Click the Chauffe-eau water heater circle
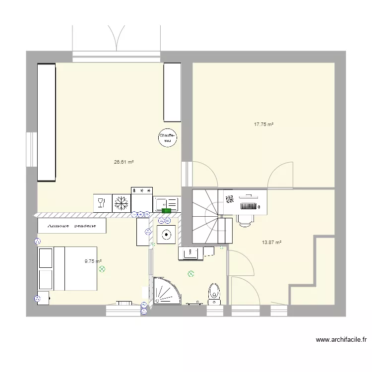coord(168,138)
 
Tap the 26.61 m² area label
coord(124,162)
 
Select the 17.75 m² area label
coord(264,125)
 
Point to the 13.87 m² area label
coord(272,243)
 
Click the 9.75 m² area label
coord(93,261)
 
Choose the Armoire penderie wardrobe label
coord(72,226)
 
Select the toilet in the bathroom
coord(214,292)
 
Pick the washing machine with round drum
coord(166,234)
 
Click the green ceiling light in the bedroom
coord(102,269)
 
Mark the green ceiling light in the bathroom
coord(191,273)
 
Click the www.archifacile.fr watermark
coord(341,340)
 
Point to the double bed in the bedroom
coord(67,268)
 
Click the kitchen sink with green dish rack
coord(166,204)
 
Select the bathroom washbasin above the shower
coord(190,253)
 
